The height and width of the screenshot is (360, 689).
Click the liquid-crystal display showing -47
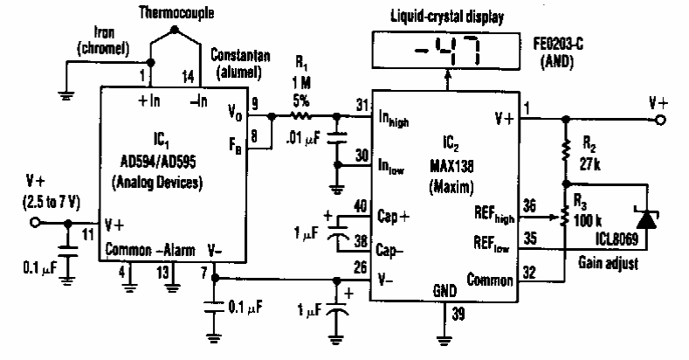pos(445,50)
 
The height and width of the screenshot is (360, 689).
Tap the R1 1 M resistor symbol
pos(301,116)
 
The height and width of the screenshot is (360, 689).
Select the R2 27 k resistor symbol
pos(566,149)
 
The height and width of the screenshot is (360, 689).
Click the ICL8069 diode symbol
pos(646,218)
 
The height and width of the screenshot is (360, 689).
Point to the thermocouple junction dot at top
pos(175,30)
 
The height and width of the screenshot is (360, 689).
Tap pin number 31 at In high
pos(362,106)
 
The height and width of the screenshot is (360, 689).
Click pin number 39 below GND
pos(458,314)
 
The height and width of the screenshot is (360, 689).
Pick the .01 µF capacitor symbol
pos(337,136)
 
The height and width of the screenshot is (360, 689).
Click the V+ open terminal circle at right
pos(660,120)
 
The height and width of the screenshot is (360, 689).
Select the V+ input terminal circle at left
pos(35,223)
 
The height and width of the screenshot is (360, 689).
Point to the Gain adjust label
pos(608,263)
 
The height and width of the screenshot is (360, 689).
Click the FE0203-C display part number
pos(559,44)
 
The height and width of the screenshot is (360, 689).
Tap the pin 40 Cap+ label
pos(393,217)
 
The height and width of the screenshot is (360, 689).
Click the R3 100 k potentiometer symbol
pos(566,218)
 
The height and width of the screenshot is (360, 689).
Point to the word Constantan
pos(240,55)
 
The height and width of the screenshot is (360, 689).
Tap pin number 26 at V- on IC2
pos(361,267)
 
